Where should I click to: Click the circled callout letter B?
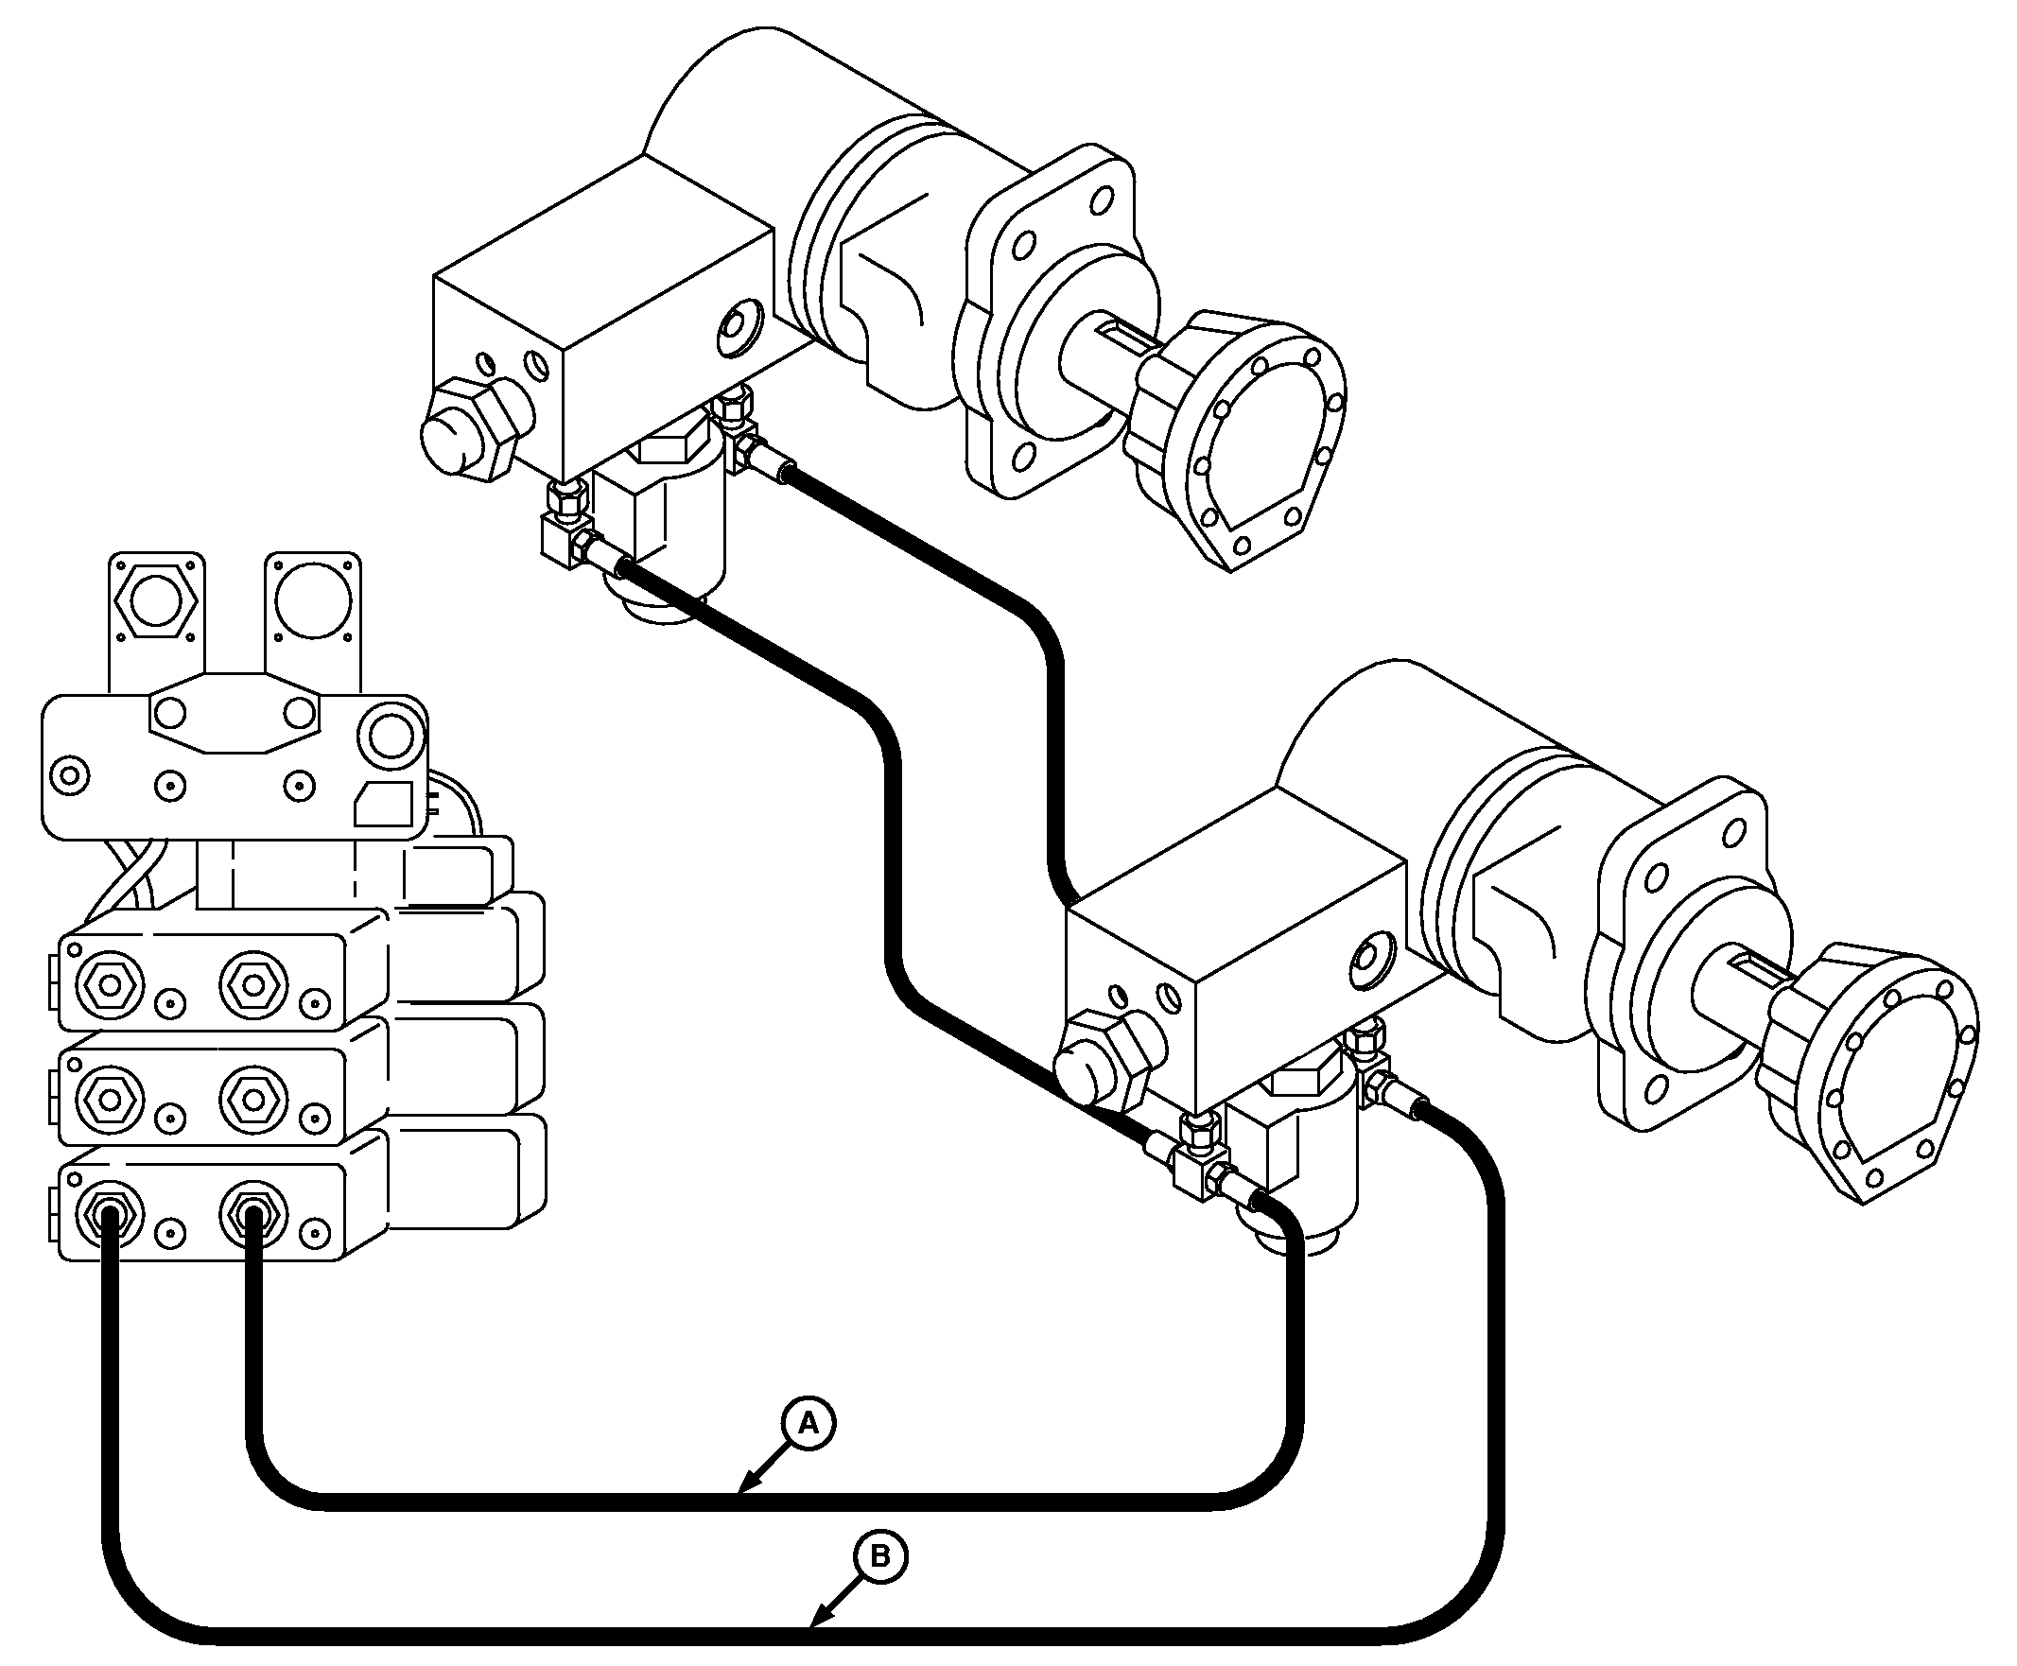(879, 1555)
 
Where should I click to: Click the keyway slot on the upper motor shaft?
(1126, 336)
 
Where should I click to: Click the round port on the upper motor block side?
(739, 329)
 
